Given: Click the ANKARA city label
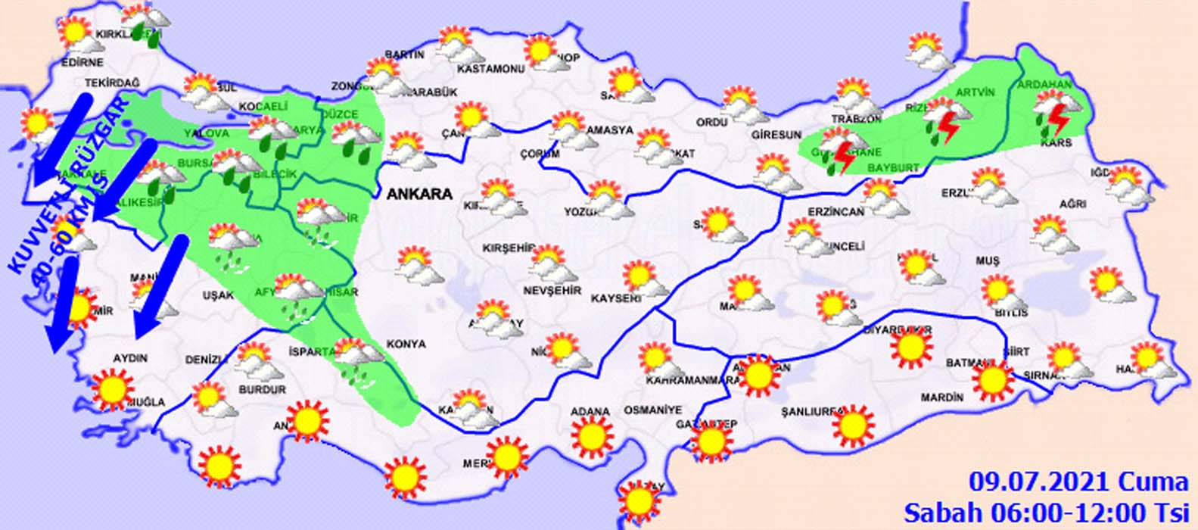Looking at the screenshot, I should tap(419, 194).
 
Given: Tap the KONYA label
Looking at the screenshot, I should tap(406, 344).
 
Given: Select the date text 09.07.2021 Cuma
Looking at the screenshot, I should tap(1079, 482).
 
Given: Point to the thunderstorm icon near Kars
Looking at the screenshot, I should tap(1053, 113).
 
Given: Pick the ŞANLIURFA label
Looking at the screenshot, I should tap(813, 412).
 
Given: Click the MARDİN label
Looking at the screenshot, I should tap(942, 397).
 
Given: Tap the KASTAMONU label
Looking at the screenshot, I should tap(490, 70).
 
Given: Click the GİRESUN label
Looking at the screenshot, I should tap(776, 135).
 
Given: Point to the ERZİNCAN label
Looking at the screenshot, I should tap(835, 212).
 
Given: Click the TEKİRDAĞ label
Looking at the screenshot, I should tap(113, 83).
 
